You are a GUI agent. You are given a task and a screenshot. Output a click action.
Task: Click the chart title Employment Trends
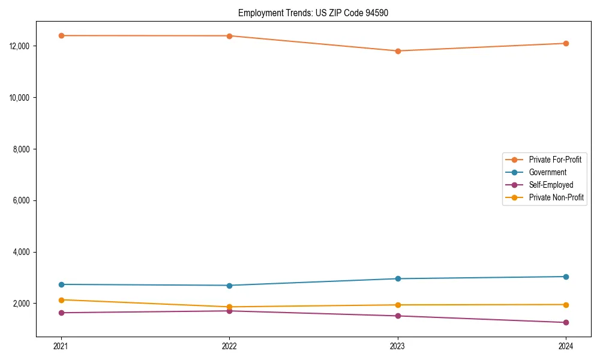(313, 13)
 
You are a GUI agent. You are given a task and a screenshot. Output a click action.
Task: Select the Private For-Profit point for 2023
(398, 51)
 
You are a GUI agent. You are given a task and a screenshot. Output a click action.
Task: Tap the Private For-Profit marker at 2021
(61, 35)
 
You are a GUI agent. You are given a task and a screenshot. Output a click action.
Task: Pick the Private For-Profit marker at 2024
(566, 43)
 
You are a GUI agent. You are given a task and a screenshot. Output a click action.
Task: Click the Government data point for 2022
(229, 286)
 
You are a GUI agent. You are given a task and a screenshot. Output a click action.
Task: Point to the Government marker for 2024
(566, 277)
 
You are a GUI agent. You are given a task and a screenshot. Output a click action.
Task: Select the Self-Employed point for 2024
(566, 323)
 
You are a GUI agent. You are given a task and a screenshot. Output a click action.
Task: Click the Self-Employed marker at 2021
(61, 313)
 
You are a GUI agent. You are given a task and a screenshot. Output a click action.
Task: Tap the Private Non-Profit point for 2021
(61, 300)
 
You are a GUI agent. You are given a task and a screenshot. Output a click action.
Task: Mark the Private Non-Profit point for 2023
(398, 305)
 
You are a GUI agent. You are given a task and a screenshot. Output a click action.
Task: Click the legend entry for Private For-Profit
(554, 160)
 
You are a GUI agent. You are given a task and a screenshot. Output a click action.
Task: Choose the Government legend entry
(547, 172)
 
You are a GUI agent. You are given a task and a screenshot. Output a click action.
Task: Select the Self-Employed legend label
(551, 185)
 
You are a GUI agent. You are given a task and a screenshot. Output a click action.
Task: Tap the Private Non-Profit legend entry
(556, 197)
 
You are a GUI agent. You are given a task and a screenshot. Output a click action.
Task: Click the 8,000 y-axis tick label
(23, 149)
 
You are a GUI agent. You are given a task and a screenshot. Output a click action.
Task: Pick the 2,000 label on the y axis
(23, 304)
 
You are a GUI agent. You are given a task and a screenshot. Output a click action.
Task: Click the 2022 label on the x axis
(229, 346)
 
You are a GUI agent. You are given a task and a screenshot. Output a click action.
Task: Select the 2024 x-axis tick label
(566, 346)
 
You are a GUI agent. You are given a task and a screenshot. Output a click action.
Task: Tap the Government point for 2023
(398, 278)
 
